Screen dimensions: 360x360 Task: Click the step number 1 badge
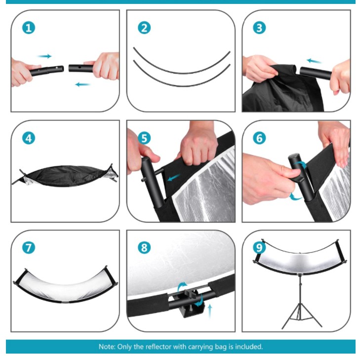click(29, 28)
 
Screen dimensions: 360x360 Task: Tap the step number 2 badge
click(144, 28)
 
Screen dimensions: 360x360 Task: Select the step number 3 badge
click(259, 28)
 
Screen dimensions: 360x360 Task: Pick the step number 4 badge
click(29, 138)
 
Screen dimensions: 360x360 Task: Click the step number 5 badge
click(144, 138)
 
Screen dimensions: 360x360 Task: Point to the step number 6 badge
click(259, 138)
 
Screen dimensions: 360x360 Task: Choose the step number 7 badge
click(29, 248)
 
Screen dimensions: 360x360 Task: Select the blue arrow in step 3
click(314, 61)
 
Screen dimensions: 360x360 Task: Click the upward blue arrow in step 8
click(210, 311)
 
